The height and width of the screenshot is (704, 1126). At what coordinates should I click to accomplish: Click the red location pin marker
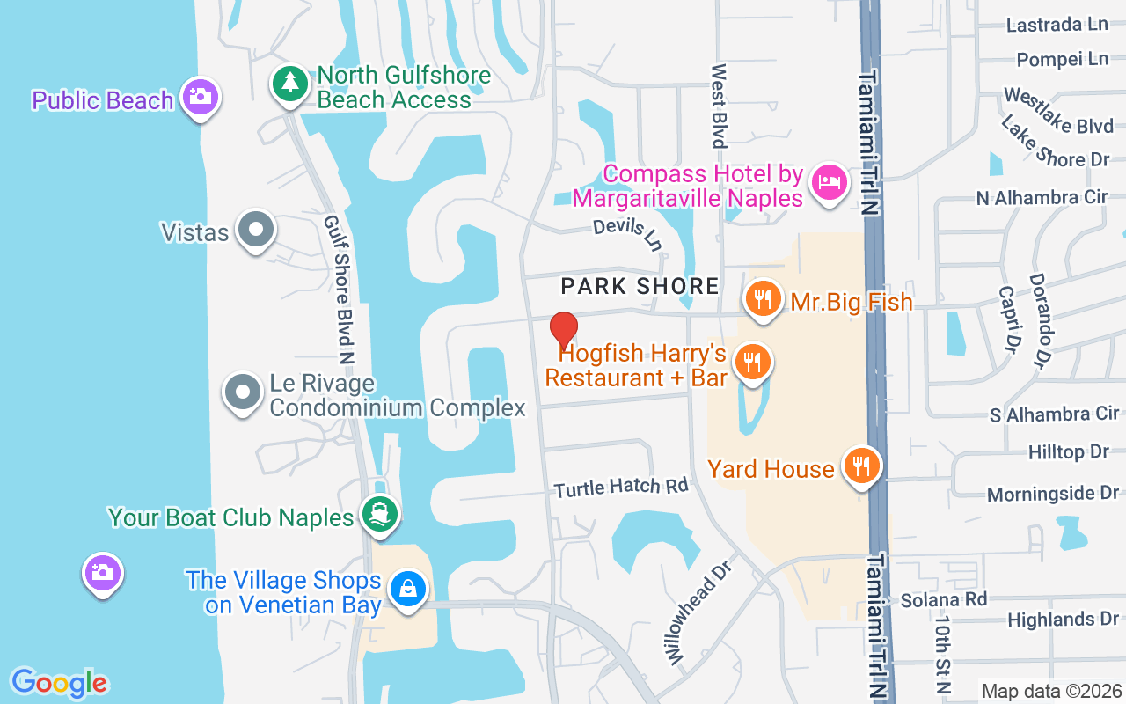(563, 330)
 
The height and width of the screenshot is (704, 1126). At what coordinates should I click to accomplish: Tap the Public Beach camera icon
(201, 96)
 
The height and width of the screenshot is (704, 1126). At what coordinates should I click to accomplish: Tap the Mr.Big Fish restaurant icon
(764, 299)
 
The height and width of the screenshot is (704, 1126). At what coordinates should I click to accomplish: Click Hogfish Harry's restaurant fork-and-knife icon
(752, 362)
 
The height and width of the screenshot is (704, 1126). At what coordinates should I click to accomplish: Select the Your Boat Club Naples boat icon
(380, 514)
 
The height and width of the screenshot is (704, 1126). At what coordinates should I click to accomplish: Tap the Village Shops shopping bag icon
(408, 589)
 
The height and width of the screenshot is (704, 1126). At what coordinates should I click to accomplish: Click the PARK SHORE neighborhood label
(640, 286)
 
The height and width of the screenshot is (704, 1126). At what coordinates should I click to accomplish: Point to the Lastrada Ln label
(1057, 25)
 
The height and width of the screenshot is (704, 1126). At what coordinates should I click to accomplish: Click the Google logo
(59, 682)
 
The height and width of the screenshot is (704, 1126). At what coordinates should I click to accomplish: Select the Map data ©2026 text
(1051, 691)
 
